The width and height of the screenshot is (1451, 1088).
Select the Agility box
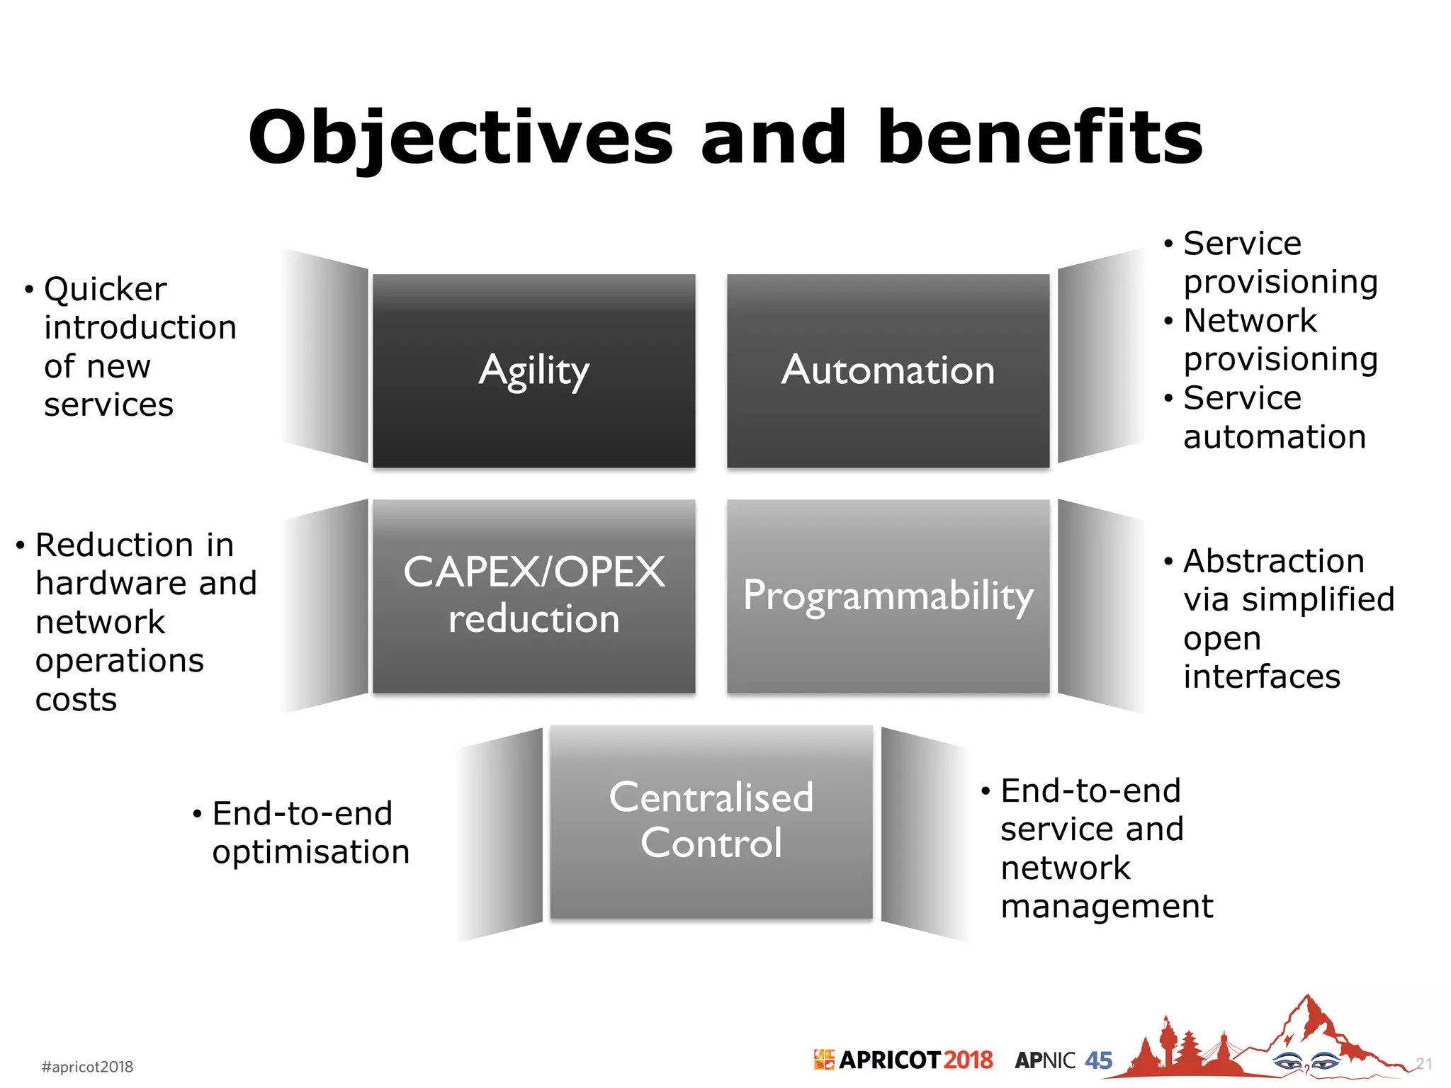[x=533, y=370]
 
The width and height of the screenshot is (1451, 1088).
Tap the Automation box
[x=888, y=370]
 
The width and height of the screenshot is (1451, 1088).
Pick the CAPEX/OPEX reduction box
[x=533, y=596]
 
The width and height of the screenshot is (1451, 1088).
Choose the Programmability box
[x=888, y=596]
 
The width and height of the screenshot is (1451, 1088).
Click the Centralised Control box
[x=711, y=821]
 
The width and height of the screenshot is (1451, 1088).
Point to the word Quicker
[x=105, y=290]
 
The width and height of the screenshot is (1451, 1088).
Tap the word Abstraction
[x=1273, y=561]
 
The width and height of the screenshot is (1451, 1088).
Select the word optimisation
[x=310, y=852]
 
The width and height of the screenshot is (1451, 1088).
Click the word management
[x=1106, y=907]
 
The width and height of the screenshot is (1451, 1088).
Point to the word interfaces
[x=1261, y=677]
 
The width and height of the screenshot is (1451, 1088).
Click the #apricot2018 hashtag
[x=87, y=1067]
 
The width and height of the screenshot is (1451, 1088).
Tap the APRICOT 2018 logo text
[x=914, y=1060]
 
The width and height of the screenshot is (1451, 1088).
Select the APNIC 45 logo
[x=1063, y=1060]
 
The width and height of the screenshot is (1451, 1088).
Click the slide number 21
[x=1423, y=1064]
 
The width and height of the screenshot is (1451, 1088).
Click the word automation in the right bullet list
[x=1274, y=437]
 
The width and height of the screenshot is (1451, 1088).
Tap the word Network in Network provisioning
[x=1250, y=321]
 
